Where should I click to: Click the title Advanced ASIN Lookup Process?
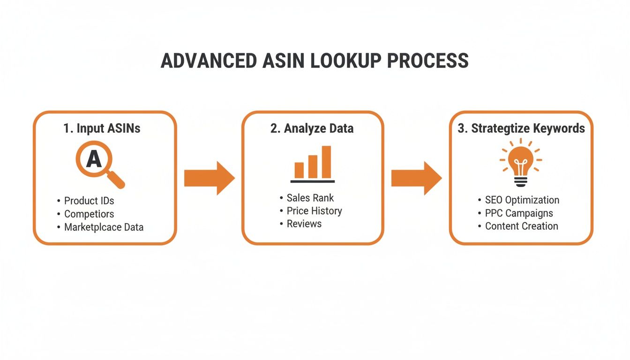(x=315, y=61)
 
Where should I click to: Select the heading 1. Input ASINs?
(x=102, y=128)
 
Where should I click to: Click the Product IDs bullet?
(x=89, y=201)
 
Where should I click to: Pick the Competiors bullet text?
(x=89, y=214)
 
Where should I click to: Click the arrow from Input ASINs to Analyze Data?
(x=209, y=178)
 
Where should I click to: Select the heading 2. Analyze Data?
(x=312, y=128)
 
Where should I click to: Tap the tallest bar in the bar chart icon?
(x=326, y=162)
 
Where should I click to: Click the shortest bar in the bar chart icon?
(x=299, y=170)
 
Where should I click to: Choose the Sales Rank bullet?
(x=310, y=198)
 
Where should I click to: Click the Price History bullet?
(x=314, y=211)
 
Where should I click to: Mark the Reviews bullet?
(x=304, y=224)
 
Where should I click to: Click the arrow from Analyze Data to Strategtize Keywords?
(x=416, y=178)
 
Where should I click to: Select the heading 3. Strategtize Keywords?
(x=521, y=128)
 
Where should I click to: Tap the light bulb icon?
(x=521, y=162)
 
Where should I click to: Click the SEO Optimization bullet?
(x=522, y=200)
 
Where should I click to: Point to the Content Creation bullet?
(x=521, y=226)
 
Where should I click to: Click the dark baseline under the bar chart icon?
(x=313, y=181)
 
